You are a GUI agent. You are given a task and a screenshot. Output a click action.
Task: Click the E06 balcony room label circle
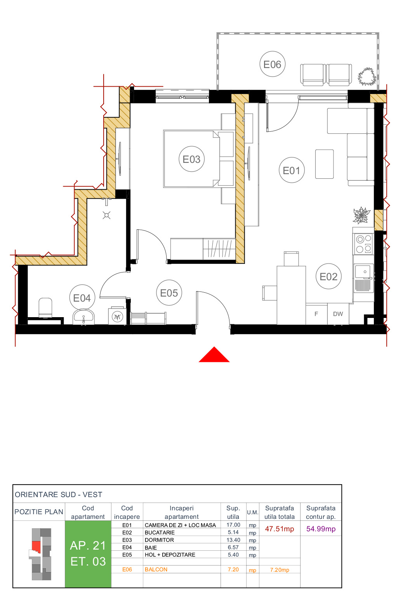pos(272,64)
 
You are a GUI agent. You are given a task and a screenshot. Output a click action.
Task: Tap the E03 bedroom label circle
pos(191,159)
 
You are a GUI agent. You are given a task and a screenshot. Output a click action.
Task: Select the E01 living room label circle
pos(292,170)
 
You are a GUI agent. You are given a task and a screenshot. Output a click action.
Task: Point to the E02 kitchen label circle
pos(329,276)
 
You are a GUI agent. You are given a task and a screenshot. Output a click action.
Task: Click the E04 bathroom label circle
pos(82,298)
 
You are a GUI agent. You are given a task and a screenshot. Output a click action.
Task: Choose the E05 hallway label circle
pos(169,293)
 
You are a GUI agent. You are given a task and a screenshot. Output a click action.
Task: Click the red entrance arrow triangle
pos(214,355)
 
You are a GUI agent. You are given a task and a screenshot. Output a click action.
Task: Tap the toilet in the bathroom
pos(45,307)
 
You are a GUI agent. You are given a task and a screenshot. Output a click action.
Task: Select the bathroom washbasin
pos(83,316)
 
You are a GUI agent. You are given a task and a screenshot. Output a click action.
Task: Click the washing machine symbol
pos(117,316)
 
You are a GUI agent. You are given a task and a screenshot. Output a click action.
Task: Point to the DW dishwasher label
pos(338,314)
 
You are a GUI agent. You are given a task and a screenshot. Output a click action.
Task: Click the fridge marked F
pos(316,314)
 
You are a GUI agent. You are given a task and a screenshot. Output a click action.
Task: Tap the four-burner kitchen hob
pos(363,244)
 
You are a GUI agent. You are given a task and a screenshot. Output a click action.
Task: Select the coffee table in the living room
pos(324,164)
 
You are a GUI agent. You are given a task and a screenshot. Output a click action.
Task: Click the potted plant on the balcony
pos(367,77)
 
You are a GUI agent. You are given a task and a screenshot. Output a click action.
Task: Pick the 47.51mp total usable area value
pos(279,529)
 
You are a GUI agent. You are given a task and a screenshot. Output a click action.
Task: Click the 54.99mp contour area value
pos(321,529)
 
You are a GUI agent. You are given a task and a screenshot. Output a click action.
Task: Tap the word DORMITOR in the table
pos(159,540)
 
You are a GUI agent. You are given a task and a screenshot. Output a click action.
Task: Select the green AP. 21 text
pos(88,546)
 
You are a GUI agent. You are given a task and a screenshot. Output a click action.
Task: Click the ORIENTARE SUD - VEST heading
pos(59,494)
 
